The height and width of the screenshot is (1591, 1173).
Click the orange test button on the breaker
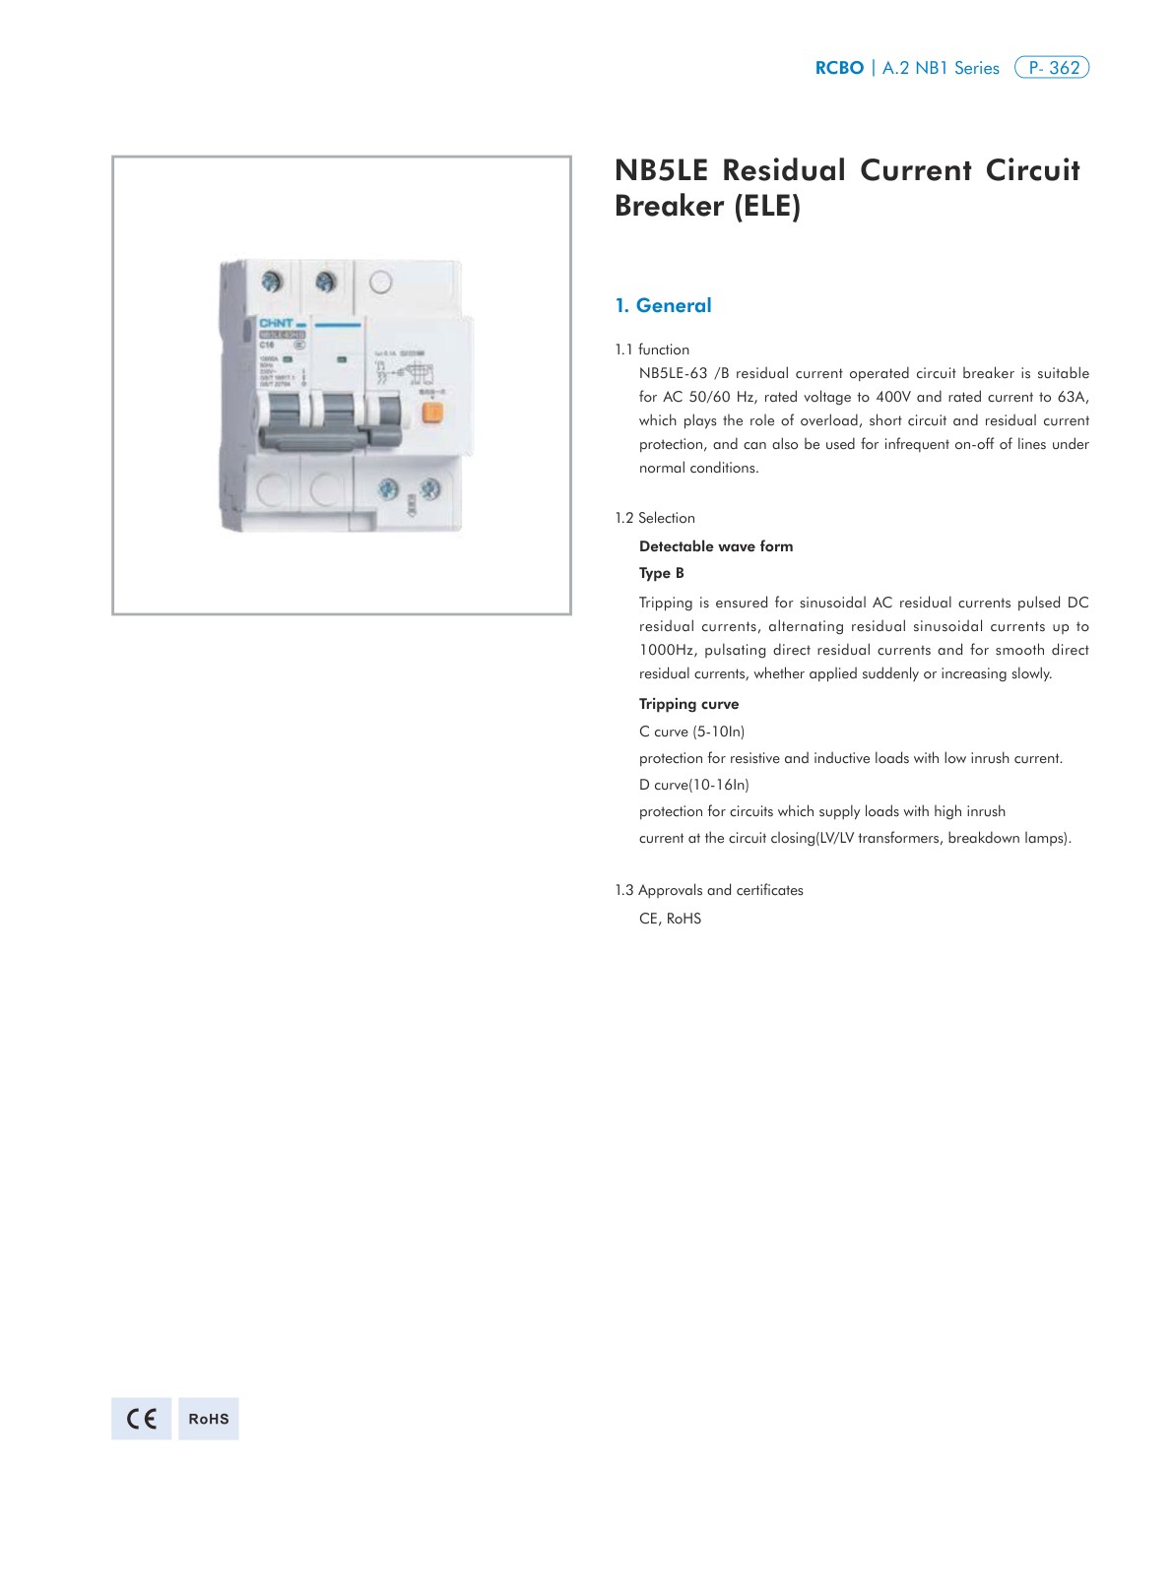click(x=430, y=413)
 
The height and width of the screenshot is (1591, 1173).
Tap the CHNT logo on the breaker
click(x=275, y=323)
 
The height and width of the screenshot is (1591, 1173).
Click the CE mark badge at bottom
click(x=141, y=1419)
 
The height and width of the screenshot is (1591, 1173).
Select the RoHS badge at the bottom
click(x=209, y=1419)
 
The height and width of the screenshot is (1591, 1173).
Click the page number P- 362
click(x=1052, y=68)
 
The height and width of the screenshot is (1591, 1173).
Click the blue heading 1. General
click(x=663, y=305)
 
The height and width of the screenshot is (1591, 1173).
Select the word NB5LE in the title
click(x=661, y=170)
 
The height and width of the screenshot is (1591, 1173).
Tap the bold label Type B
click(x=662, y=573)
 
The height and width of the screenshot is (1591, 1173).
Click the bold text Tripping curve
click(x=688, y=704)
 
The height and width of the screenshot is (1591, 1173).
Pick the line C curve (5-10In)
click(x=691, y=732)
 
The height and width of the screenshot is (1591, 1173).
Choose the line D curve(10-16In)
click(x=694, y=785)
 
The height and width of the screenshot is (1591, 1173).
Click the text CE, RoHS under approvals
click(x=670, y=919)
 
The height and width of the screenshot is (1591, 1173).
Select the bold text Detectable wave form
click(x=716, y=546)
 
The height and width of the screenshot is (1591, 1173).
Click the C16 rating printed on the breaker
click(x=267, y=346)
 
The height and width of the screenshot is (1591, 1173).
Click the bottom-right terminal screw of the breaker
click(x=430, y=488)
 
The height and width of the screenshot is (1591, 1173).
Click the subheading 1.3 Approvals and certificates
click(x=709, y=890)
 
